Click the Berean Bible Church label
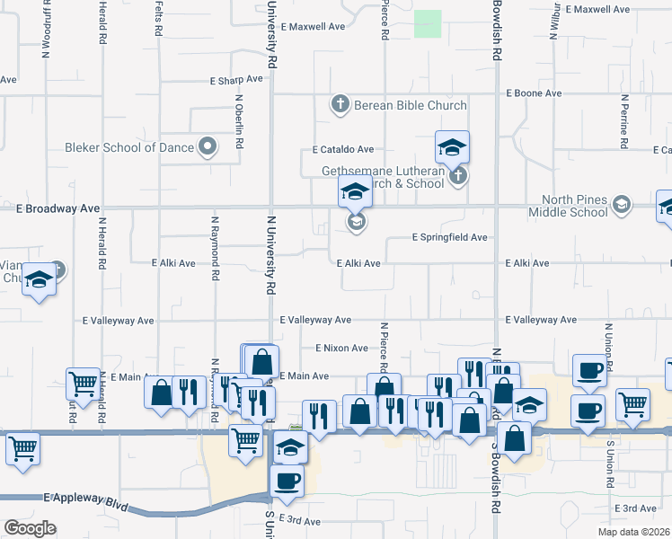pyautogui.click(x=409, y=105)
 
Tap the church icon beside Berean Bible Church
pyautogui.click(x=340, y=105)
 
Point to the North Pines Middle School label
pyautogui.click(x=575, y=207)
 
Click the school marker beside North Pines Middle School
pyautogui.click(x=621, y=207)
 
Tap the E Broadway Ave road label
pyautogui.click(x=57, y=208)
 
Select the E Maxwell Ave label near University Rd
pyautogui.click(x=313, y=27)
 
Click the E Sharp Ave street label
pyautogui.click(x=236, y=79)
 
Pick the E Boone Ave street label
pyautogui.click(x=534, y=93)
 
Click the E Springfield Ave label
pyautogui.click(x=449, y=238)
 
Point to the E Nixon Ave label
pyautogui.click(x=341, y=348)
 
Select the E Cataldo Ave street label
pyautogui.click(x=342, y=149)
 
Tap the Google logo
pyautogui.click(x=30, y=528)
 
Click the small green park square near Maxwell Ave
pyautogui.click(x=428, y=23)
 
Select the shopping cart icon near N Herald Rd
pyautogui.click(x=83, y=383)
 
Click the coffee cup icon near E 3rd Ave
pyautogui.click(x=287, y=480)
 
